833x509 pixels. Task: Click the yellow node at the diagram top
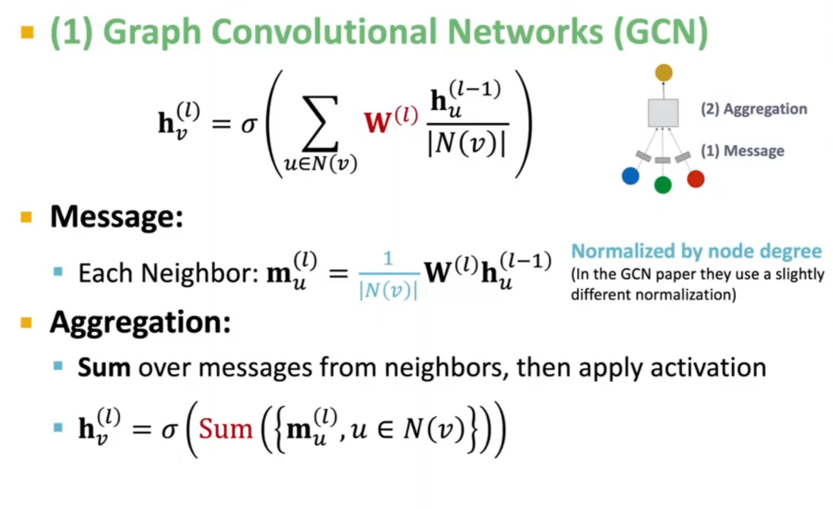[x=664, y=72]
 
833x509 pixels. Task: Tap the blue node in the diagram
[x=631, y=176]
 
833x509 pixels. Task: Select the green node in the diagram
[x=663, y=185]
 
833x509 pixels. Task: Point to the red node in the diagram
[x=695, y=179]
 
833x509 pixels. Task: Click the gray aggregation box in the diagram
[x=663, y=113]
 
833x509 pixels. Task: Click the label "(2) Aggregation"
[x=753, y=109]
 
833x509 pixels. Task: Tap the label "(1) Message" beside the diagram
[x=742, y=151]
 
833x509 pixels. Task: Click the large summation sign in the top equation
[x=320, y=123]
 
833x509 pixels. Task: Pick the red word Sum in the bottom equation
[x=225, y=429]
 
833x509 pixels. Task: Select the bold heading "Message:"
[x=116, y=217]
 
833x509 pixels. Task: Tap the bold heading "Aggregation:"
[x=140, y=322]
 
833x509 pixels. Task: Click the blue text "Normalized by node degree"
[x=696, y=251]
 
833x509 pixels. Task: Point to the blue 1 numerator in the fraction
[x=388, y=258]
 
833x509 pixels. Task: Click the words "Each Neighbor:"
[x=168, y=273]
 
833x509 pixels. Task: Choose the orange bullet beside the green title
[x=27, y=32]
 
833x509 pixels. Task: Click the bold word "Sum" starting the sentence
[x=104, y=367]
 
